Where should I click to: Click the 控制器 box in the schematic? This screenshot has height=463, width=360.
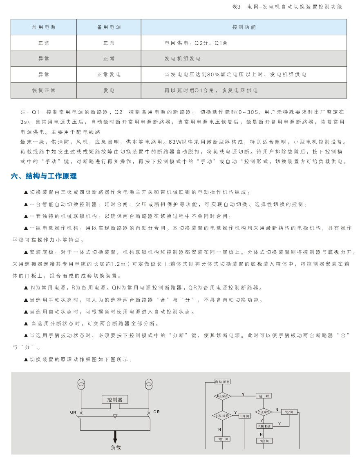(115, 399)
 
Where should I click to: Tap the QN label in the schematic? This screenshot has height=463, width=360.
(74, 412)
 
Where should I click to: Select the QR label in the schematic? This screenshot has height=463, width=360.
(157, 412)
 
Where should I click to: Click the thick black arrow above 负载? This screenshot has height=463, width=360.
(115, 436)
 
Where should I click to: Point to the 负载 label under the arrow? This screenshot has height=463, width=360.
(116, 447)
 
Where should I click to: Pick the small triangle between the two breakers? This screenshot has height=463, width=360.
(115, 416)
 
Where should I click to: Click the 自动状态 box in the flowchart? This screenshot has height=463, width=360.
(223, 382)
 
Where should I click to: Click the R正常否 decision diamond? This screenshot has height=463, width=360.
(264, 412)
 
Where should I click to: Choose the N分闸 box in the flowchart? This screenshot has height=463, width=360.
(244, 416)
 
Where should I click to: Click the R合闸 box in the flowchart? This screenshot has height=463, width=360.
(264, 441)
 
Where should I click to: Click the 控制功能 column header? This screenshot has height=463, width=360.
(244, 27)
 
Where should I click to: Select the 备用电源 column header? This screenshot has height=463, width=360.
(109, 27)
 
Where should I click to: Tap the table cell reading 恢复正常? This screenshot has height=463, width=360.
(44, 90)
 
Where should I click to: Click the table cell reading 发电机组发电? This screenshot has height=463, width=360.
(182, 59)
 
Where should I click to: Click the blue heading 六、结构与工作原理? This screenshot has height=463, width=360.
(44, 176)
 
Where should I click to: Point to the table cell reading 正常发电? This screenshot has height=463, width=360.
(109, 75)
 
